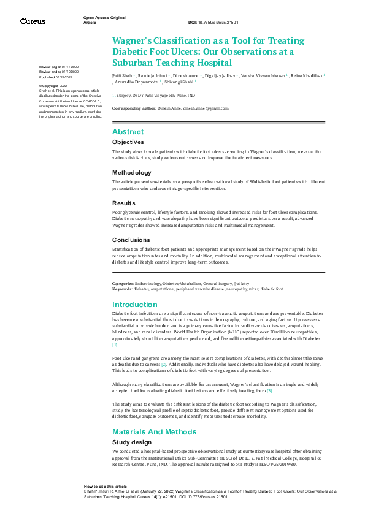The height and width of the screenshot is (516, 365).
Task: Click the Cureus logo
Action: point(33,21)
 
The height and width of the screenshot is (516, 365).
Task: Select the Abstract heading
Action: point(128,132)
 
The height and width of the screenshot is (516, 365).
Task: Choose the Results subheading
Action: point(123,203)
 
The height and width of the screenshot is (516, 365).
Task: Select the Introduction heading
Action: point(135,305)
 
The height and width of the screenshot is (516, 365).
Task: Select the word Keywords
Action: point(122,289)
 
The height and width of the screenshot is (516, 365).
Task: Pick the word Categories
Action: point(123,284)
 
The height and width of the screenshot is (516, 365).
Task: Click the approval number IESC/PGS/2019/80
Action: point(272,465)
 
